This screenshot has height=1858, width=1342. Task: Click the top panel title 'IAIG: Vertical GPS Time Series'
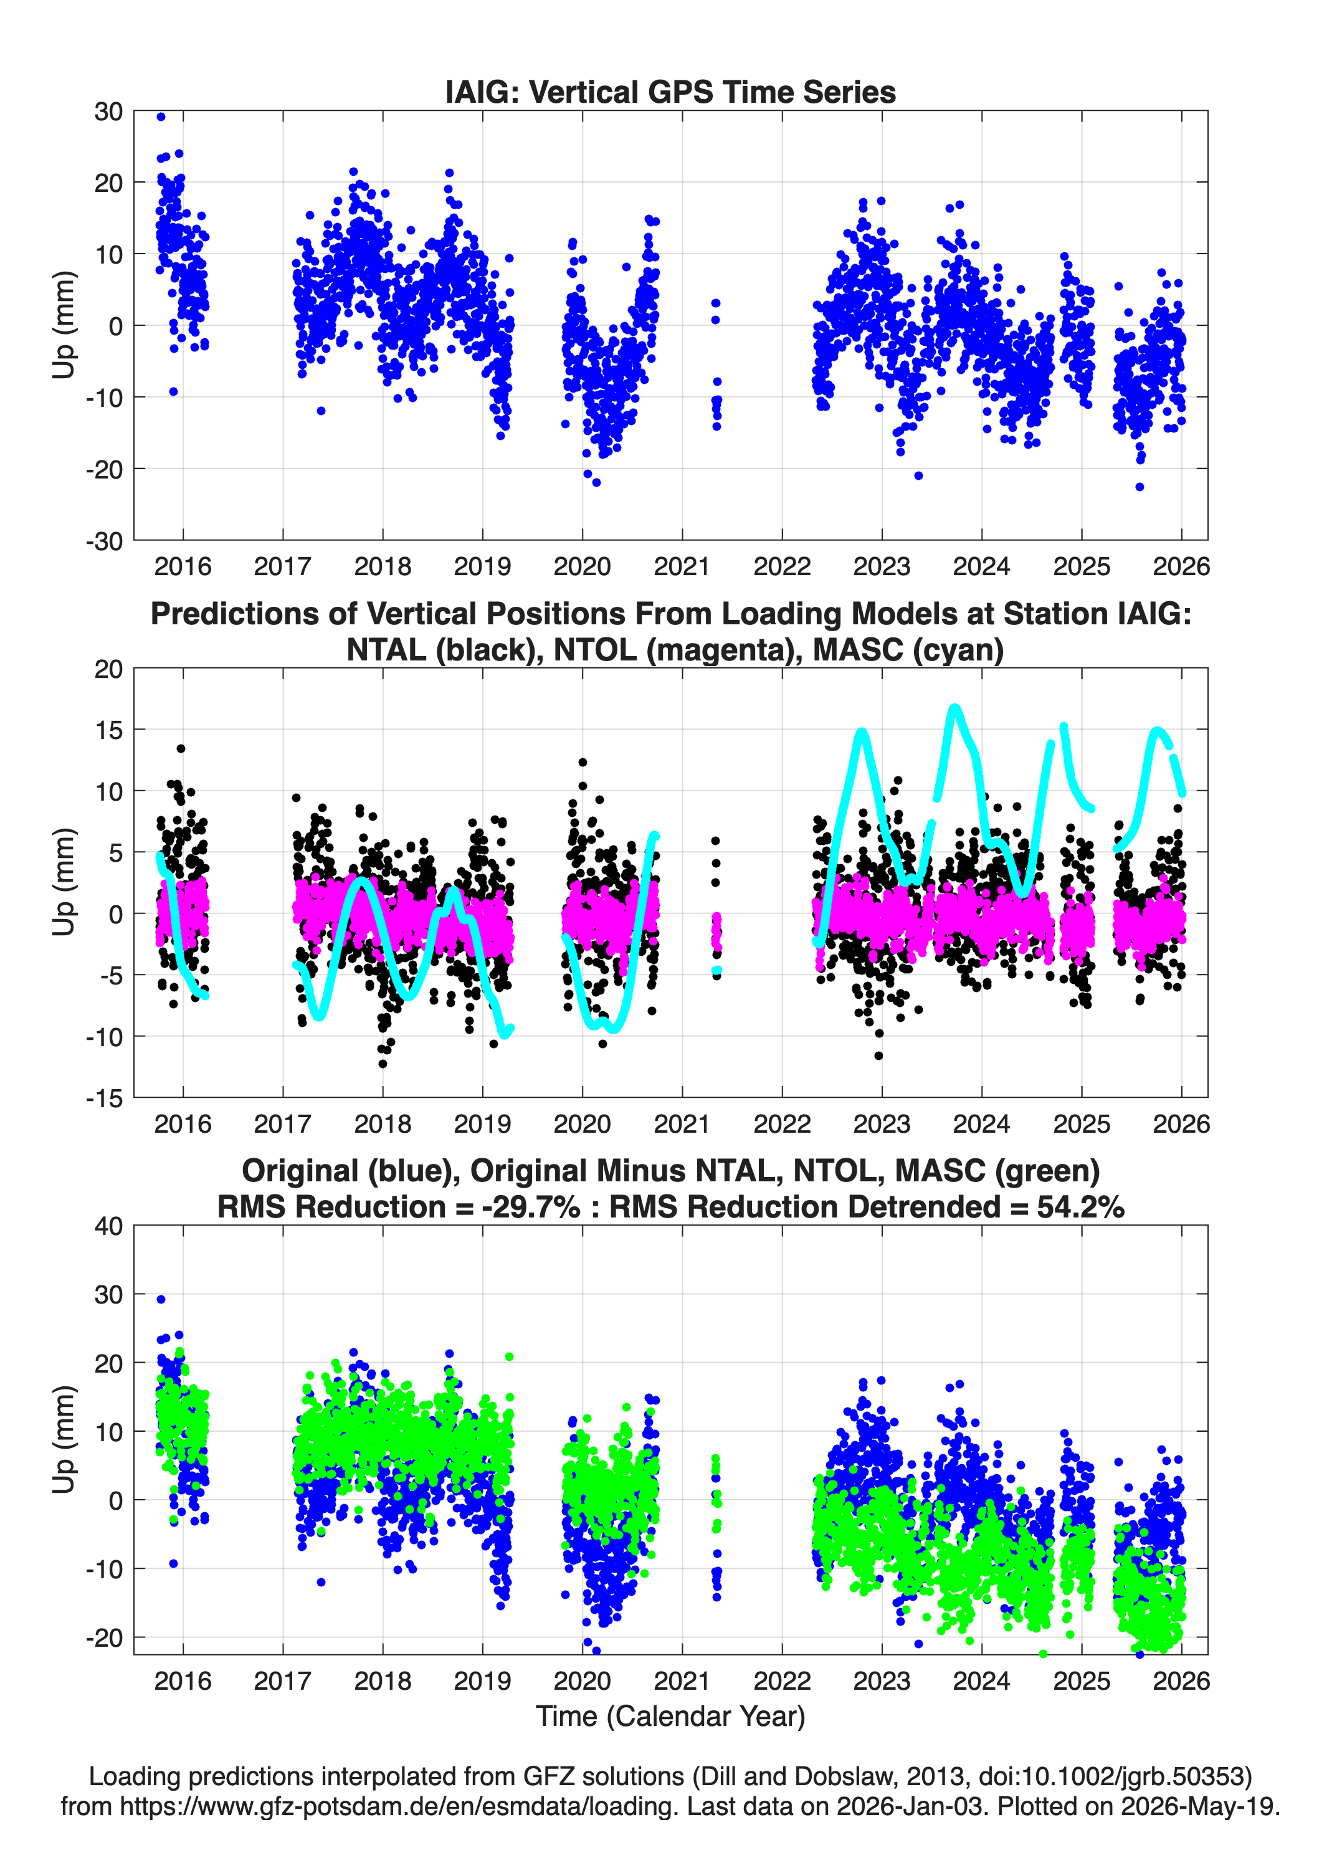point(670,92)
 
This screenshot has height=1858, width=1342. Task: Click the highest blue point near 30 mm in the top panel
point(161,117)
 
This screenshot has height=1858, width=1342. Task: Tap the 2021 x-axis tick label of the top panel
point(682,567)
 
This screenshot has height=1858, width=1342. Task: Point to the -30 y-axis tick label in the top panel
point(104,541)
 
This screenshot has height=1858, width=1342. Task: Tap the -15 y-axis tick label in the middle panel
point(104,1098)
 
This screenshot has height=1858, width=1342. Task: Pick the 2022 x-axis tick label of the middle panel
point(782,1124)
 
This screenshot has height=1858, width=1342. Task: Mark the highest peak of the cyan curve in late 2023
point(954,707)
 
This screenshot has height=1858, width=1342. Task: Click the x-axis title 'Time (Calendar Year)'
point(670,1715)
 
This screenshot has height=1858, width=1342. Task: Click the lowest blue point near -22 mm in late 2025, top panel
point(1140,487)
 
